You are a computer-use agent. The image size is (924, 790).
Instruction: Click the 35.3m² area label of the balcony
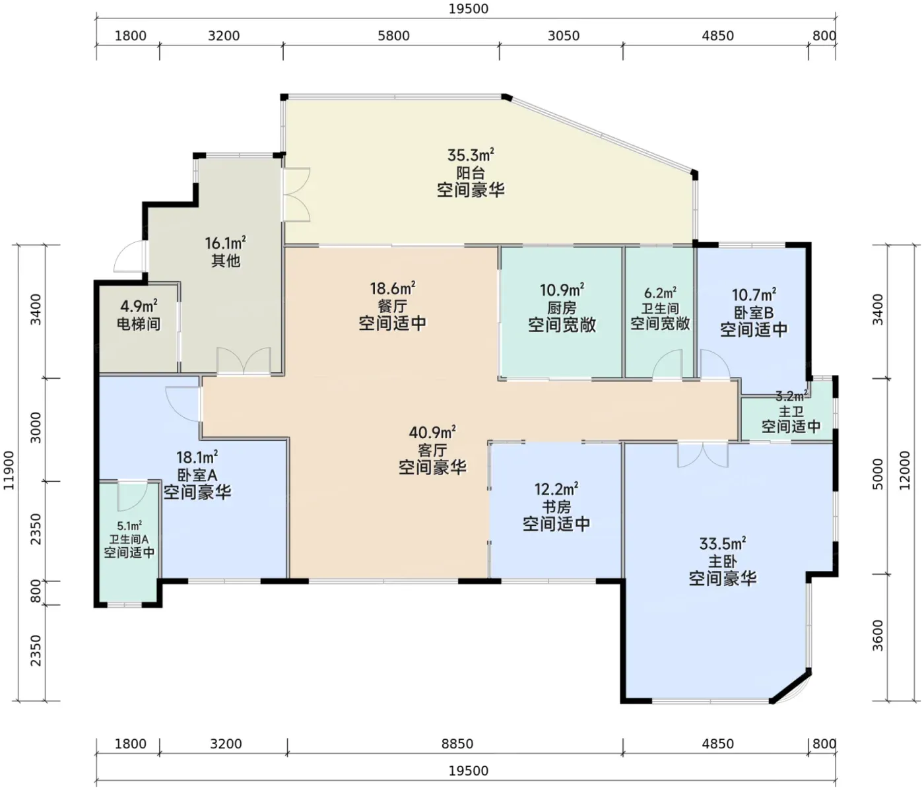[471, 155]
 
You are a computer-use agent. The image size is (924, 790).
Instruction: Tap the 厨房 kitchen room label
[562, 308]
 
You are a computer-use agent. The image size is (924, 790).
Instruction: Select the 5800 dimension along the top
[393, 36]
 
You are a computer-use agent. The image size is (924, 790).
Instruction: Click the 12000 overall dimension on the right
[904, 471]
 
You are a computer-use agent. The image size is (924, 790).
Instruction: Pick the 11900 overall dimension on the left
[9, 471]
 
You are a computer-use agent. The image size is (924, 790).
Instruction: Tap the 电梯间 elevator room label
[139, 323]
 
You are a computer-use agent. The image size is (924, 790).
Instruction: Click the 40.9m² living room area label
[432, 432]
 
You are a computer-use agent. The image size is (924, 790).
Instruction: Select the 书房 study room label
[556, 507]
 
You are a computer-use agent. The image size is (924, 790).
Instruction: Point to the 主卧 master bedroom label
[723, 561]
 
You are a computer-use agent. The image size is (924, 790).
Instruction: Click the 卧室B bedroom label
[754, 312]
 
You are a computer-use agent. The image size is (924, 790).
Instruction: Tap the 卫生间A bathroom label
[129, 539]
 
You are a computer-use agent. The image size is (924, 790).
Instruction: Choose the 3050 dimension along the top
[564, 36]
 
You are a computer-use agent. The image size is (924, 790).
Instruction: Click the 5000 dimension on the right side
[878, 474]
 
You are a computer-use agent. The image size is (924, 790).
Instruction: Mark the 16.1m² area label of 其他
[225, 244]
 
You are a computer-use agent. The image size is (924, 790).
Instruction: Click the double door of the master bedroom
[703, 455]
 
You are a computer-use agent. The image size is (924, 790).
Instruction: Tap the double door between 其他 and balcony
[296, 195]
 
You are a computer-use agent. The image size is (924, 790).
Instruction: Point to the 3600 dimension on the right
[878, 636]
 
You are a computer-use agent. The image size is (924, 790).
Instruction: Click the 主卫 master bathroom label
[791, 411]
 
